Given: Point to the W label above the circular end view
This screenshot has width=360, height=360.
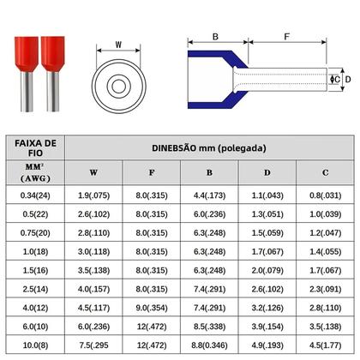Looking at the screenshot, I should pyautogui.click(x=118, y=45).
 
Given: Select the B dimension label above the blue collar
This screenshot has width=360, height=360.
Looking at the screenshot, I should pyautogui.click(x=215, y=38).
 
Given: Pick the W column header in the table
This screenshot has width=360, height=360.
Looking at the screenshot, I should pyautogui.click(x=93, y=171).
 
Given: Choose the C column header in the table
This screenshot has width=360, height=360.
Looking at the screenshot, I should pyautogui.click(x=325, y=171).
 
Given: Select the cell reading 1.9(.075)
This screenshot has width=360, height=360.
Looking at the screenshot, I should pyautogui.click(x=93, y=195).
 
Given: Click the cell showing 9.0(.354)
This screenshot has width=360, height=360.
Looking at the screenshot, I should pyautogui.click(x=152, y=307).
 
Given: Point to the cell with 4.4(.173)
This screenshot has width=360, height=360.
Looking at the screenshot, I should pyautogui.click(x=209, y=195).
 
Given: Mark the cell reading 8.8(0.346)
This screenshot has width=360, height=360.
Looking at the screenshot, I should pyautogui.click(x=209, y=345).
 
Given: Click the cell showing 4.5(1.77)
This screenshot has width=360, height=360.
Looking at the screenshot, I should pyautogui.click(x=325, y=345).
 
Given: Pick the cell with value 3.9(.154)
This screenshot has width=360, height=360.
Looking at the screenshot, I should pyautogui.click(x=267, y=326).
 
